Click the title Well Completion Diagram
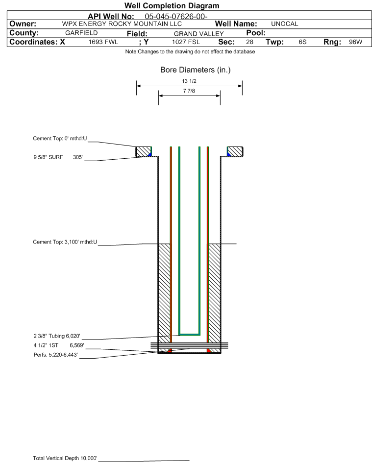(x=172, y=5)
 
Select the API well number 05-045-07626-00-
(x=176, y=17)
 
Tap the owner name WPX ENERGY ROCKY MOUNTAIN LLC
(x=122, y=24)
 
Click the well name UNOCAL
(x=284, y=24)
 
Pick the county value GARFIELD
(x=81, y=33)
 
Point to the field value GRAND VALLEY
(x=198, y=34)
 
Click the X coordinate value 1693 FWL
(x=103, y=42)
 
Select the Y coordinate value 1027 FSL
(x=186, y=42)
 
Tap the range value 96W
(x=355, y=42)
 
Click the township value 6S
(x=302, y=42)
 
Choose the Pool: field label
(x=256, y=33)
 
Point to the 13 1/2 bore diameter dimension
(x=189, y=81)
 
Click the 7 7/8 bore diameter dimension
(x=189, y=91)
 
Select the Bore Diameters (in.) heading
(x=196, y=70)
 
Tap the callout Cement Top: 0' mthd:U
(x=60, y=139)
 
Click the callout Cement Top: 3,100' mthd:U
(x=65, y=242)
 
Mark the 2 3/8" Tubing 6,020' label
(x=57, y=336)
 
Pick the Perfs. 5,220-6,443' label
(x=56, y=355)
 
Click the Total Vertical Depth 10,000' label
(x=65, y=458)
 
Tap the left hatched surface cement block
(x=143, y=151)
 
